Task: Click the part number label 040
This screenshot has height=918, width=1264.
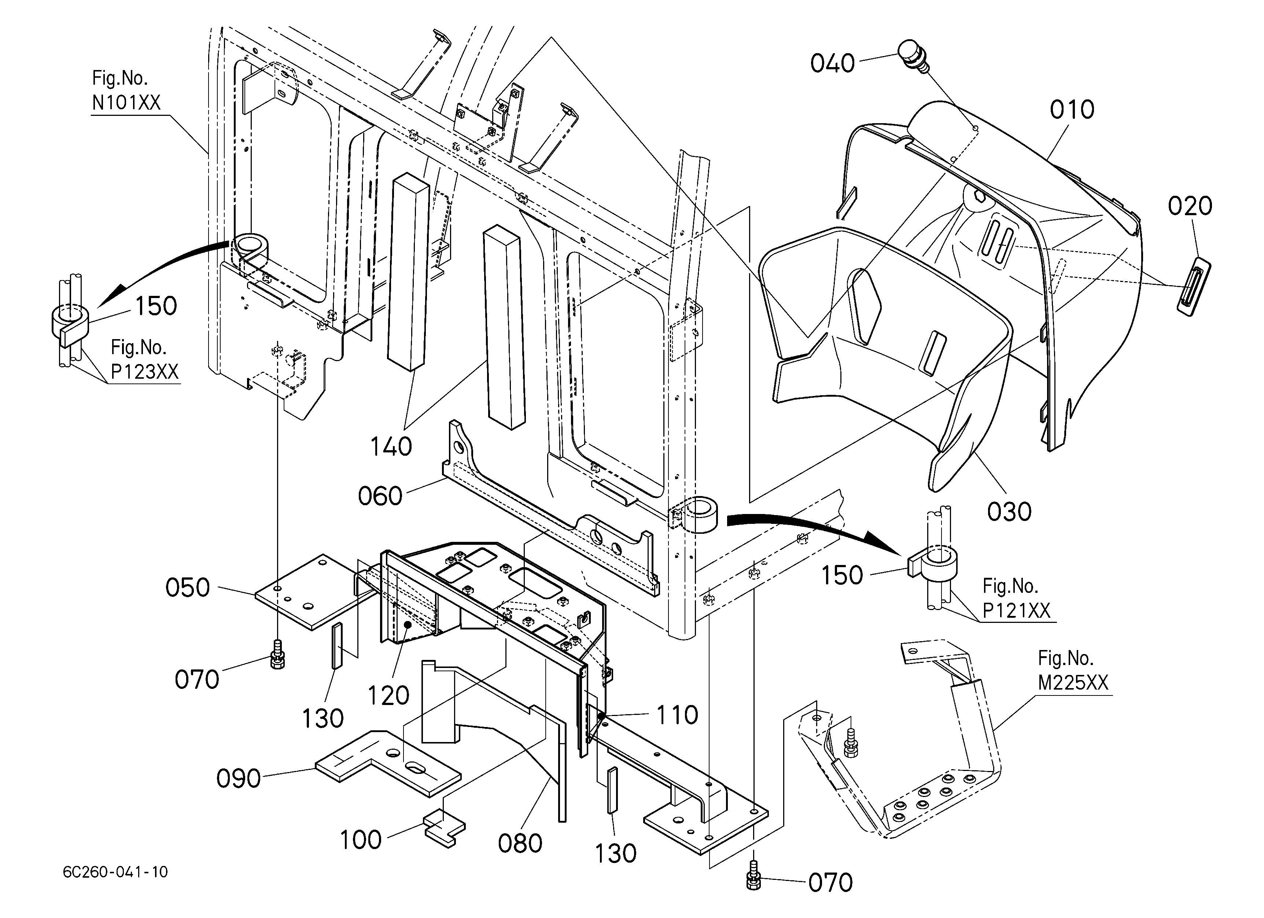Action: point(833,63)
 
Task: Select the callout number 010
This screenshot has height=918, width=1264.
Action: point(1072,110)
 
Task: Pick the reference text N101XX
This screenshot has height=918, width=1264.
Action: point(126,103)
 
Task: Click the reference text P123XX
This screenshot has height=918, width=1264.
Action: point(145,371)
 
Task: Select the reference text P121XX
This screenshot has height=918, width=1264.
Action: point(1016,611)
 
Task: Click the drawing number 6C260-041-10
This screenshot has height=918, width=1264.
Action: point(115,872)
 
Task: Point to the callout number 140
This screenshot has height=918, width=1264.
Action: point(391,447)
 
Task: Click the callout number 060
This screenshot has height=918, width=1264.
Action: point(380,496)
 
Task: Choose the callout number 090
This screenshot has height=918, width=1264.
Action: point(239,779)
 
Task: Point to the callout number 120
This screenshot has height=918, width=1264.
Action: point(388,695)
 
